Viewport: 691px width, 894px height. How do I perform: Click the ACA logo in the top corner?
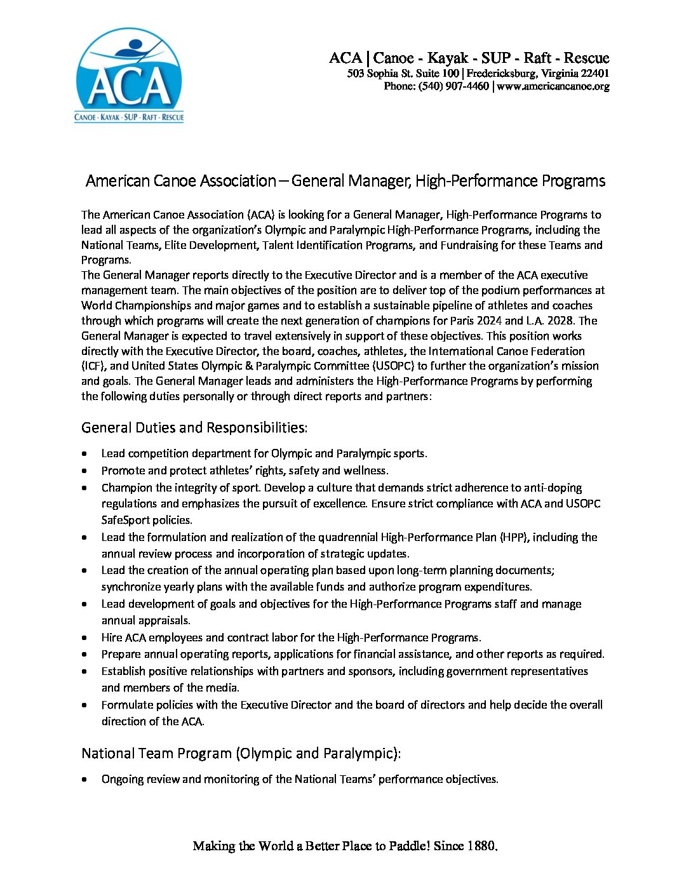[x=129, y=76]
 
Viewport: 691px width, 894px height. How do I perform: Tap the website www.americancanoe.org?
[x=553, y=86]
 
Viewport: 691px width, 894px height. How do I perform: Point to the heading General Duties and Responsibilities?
[x=194, y=427]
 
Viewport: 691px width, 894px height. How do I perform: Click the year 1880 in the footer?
[x=482, y=846]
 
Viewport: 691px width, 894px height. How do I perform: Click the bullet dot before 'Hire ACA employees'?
[x=85, y=637]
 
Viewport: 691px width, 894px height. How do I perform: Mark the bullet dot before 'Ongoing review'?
[x=85, y=779]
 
